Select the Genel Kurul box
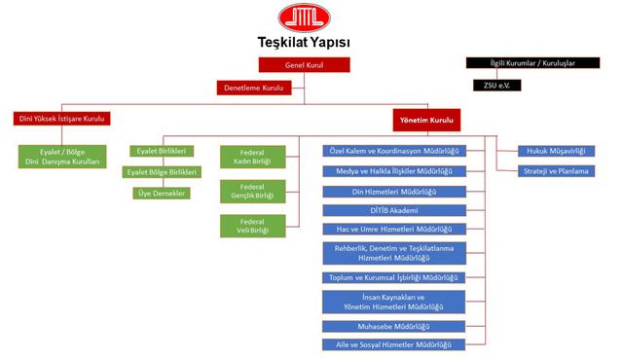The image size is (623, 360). pyautogui.click(x=304, y=65)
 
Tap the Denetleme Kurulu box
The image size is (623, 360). pyautogui.click(x=256, y=88)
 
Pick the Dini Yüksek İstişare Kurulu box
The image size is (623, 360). pyautogui.click(x=59, y=119)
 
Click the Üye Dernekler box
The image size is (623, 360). pyautogui.click(x=163, y=193)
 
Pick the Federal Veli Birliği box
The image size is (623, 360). pyautogui.click(x=252, y=225)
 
